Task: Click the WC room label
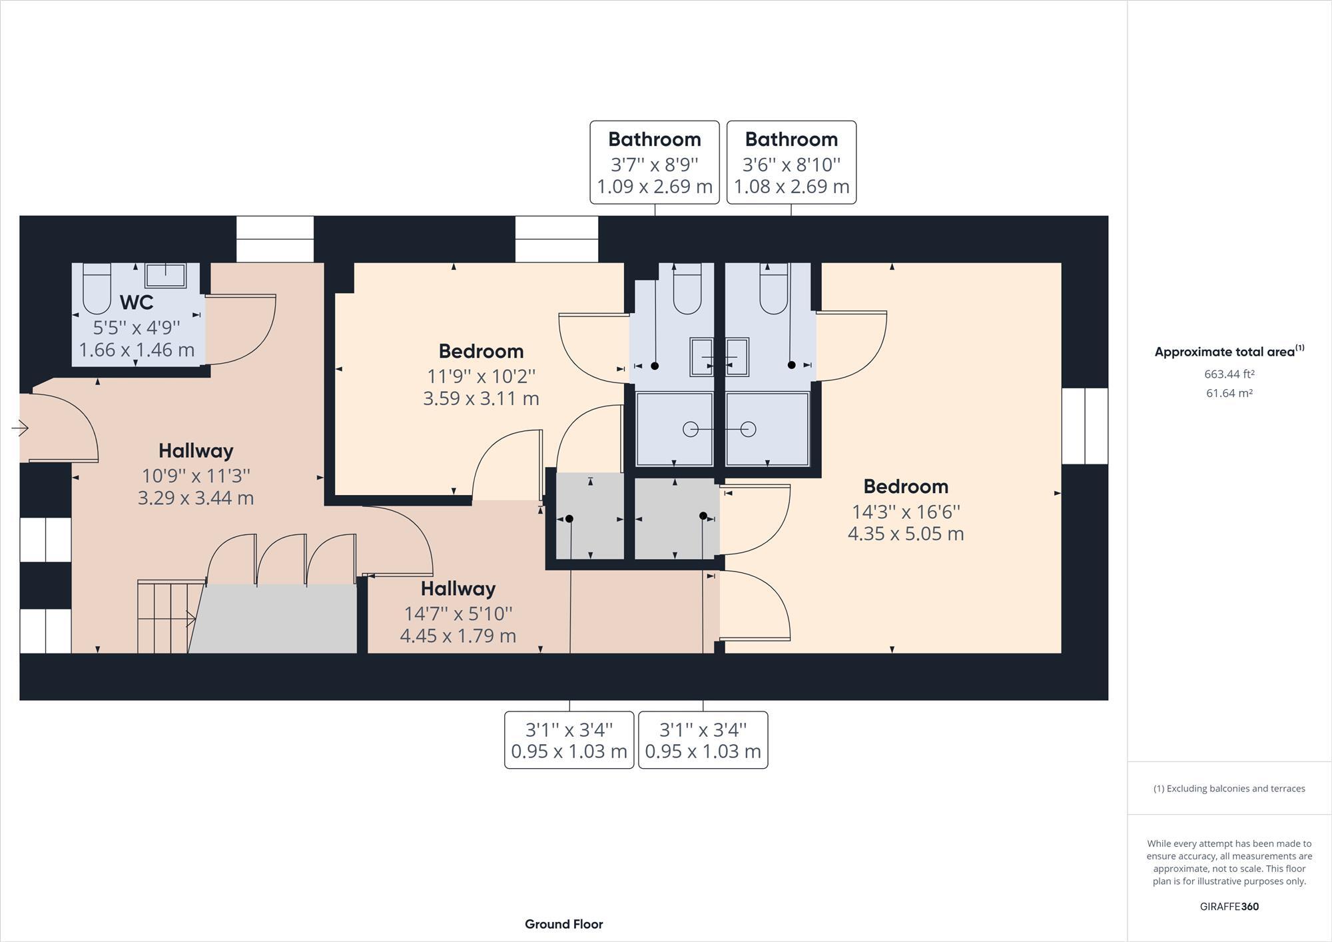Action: (x=137, y=302)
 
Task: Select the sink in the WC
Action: (x=166, y=274)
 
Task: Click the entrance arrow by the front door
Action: (x=20, y=428)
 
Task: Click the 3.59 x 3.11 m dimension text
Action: (x=481, y=399)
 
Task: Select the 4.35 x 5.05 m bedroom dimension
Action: (x=905, y=534)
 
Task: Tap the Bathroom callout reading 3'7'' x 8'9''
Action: (x=654, y=164)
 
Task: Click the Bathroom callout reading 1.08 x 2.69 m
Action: (x=791, y=187)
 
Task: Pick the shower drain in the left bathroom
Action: (x=691, y=430)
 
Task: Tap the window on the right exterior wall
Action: (x=1084, y=426)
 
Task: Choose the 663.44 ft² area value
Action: (x=1229, y=374)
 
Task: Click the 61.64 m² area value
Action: (x=1229, y=394)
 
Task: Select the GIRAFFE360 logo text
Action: (x=1229, y=907)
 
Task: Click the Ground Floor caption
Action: (x=563, y=924)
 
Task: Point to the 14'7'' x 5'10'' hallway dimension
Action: (x=458, y=614)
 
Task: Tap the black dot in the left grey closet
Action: (x=569, y=519)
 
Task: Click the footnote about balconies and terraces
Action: (x=1229, y=789)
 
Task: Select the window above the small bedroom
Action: (x=557, y=238)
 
